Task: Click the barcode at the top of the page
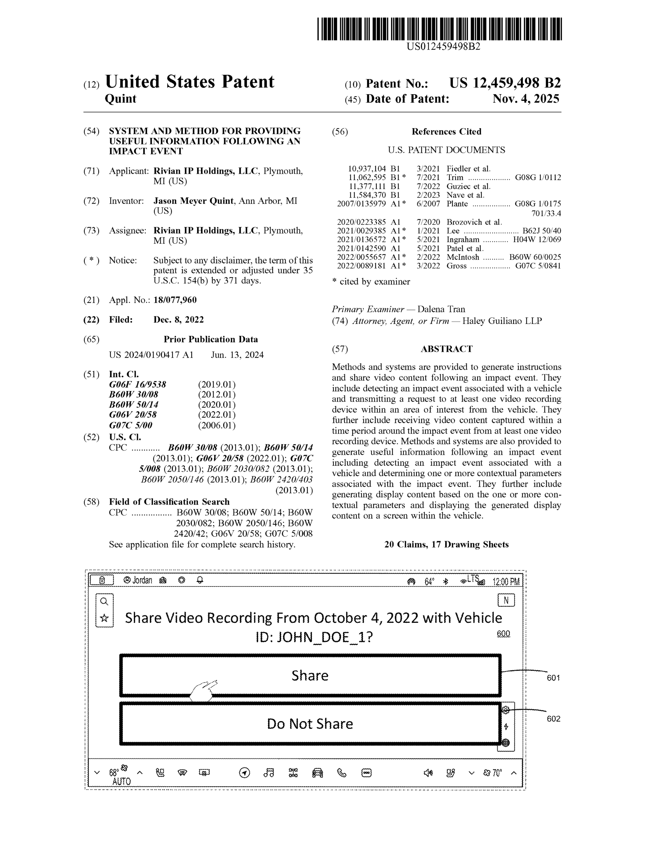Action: [x=439, y=29]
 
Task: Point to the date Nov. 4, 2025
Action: [x=525, y=99]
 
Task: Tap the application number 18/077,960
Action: [x=175, y=300]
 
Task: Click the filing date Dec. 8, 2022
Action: [x=178, y=320]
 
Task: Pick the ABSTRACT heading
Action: [x=446, y=349]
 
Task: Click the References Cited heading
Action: [x=446, y=132]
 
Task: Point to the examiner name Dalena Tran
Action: [x=441, y=309]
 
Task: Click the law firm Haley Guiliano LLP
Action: [x=502, y=321]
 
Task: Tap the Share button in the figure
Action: [x=310, y=675]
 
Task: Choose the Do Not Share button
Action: [x=310, y=724]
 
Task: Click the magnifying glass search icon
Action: [x=104, y=601]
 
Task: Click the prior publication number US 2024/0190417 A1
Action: [x=151, y=355]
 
